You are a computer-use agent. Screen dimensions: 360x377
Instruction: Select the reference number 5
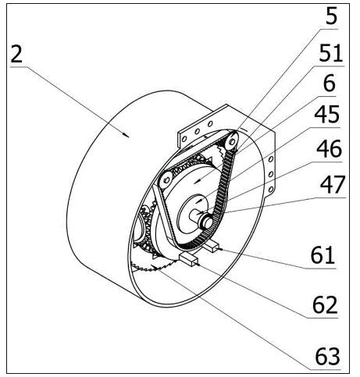(331, 16)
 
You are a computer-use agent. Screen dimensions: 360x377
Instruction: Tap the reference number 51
(330, 53)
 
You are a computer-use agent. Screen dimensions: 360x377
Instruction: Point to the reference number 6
(330, 84)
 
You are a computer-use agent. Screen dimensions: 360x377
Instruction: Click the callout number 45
(327, 114)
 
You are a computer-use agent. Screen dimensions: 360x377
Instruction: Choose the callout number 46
(329, 148)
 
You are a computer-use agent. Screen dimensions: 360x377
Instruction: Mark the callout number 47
(333, 184)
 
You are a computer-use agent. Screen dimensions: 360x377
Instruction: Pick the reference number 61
(323, 255)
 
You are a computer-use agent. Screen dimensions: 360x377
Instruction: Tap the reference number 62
(325, 304)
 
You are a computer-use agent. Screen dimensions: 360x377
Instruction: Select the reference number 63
(327, 356)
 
